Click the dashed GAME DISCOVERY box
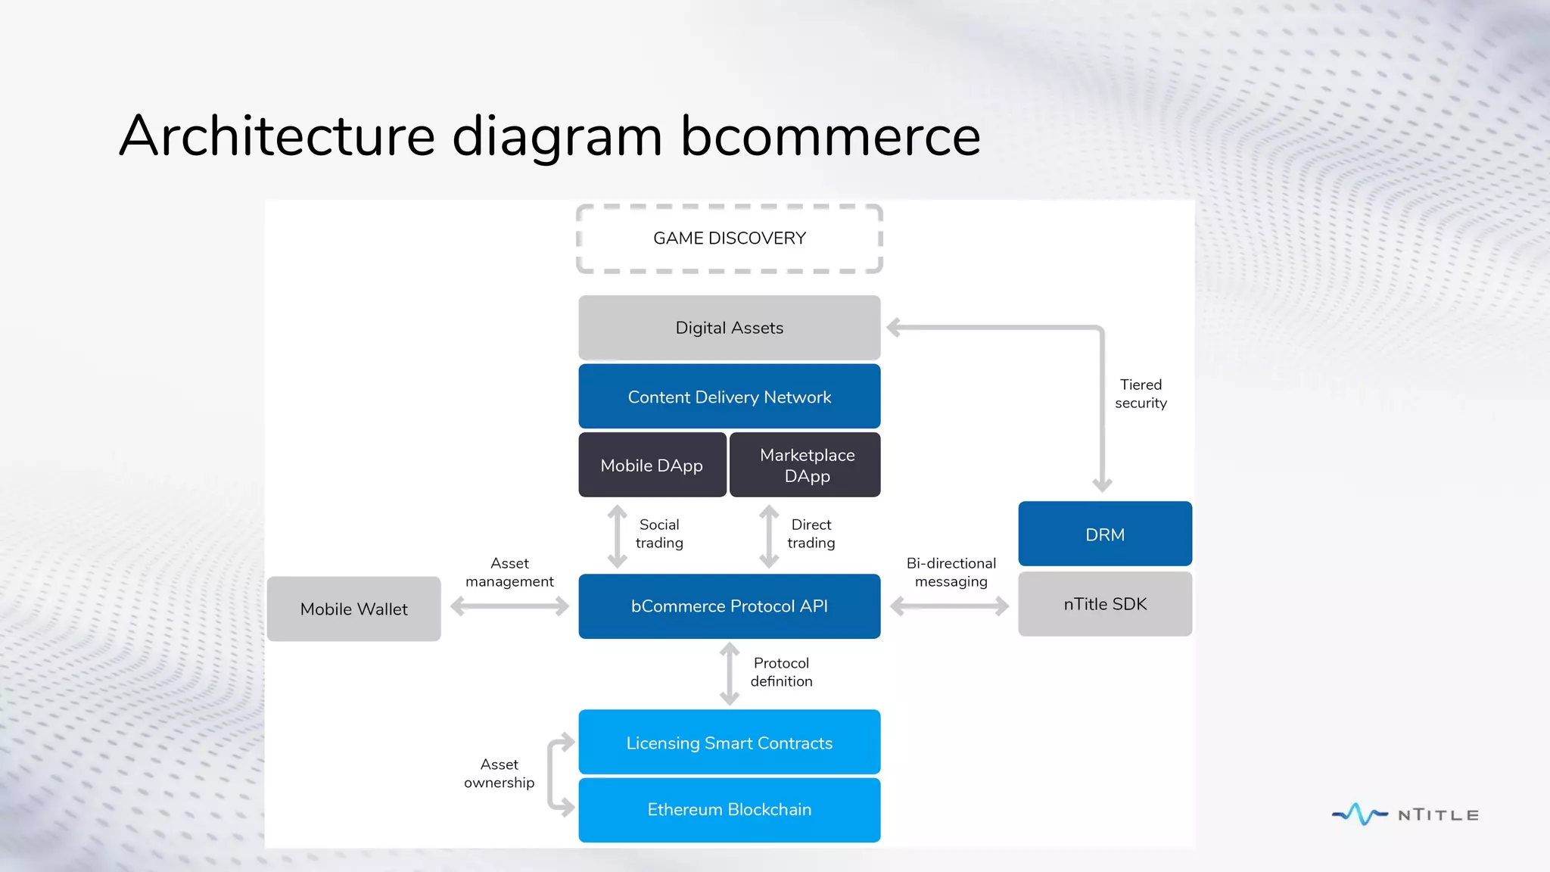729,238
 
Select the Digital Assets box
729,328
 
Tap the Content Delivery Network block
729,397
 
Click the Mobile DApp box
652,465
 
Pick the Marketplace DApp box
806,465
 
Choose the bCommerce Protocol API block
729,606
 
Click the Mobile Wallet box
353,609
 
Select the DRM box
1104,534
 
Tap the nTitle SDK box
1104,604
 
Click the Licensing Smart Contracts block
729,743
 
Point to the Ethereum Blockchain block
729,809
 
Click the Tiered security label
1140,394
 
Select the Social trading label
659,534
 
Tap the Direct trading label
811,534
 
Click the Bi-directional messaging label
951,572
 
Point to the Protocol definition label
781,672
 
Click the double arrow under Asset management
509,606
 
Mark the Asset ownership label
499,773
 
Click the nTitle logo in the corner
1405,814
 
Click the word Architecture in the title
277,136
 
